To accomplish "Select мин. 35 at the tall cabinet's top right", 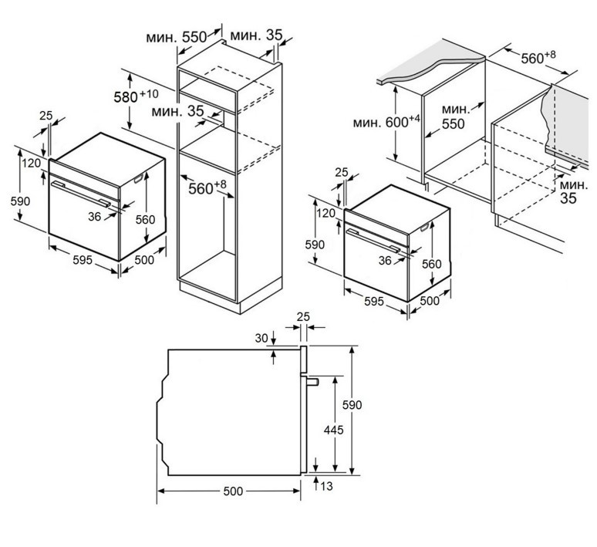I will [x=255, y=35].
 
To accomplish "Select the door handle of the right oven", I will [x=375, y=240].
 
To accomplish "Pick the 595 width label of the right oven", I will [x=373, y=301].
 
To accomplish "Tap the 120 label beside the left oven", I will [x=31, y=164].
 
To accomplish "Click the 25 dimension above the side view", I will [x=303, y=317].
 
